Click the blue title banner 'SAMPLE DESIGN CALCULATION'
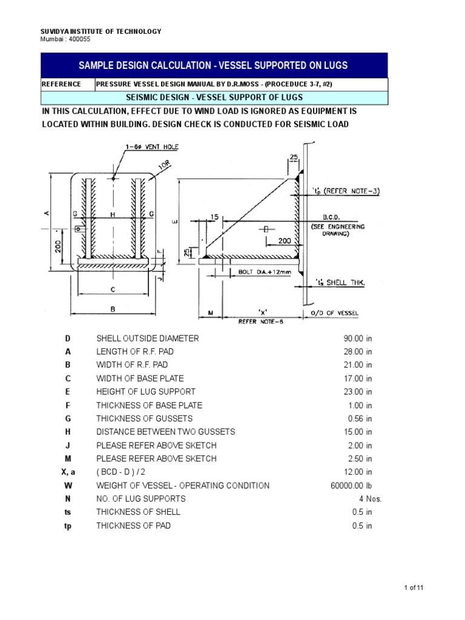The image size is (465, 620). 214,65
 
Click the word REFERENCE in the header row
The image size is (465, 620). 61,84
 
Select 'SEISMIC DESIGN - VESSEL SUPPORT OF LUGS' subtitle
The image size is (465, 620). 214,97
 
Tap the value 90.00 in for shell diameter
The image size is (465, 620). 357,338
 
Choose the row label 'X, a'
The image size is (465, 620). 68,472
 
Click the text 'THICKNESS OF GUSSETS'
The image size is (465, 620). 145,418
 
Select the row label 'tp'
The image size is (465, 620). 68,526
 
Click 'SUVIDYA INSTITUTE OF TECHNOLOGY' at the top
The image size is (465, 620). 101,31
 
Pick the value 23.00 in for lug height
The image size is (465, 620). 357,392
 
